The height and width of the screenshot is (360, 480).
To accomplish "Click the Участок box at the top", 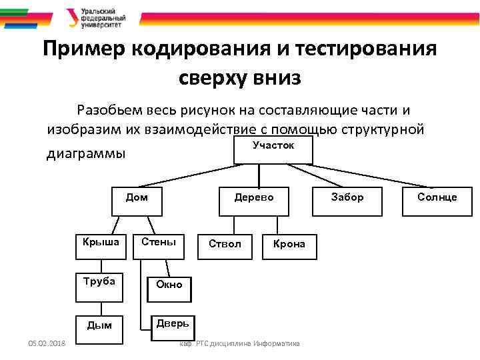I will [x=273, y=151].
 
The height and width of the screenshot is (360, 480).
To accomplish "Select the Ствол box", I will [x=225, y=247].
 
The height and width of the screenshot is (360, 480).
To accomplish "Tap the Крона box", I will [x=288, y=247].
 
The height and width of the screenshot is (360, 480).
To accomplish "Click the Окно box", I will [x=169, y=287].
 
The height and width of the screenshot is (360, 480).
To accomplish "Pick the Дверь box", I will [x=171, y=327].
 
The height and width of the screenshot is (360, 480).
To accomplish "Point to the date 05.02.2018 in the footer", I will [x=43, y=343].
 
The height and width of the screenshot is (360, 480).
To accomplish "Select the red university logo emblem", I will [x=72, y=17].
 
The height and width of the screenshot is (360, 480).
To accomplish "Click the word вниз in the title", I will [x=276, y=78].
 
